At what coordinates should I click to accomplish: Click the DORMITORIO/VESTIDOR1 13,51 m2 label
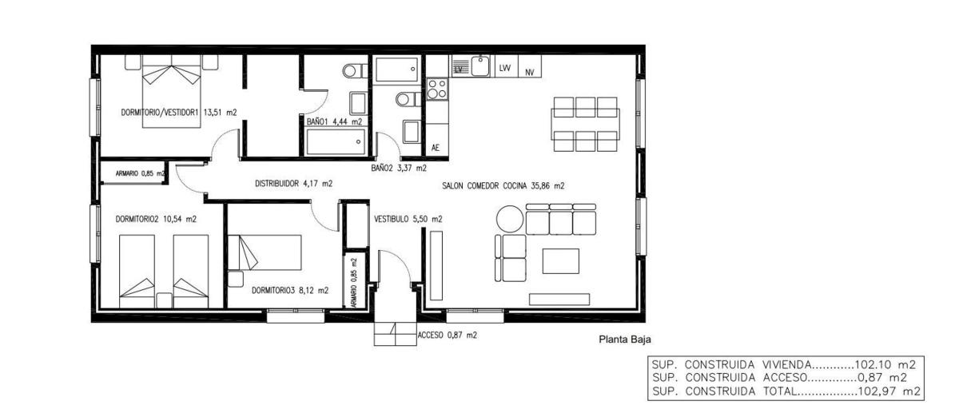click(179, 113)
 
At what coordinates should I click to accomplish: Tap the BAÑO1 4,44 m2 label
click(334, 121)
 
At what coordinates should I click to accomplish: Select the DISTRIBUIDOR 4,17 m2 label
click(294, 184)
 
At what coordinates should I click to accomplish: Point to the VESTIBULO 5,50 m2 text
click(408, 219)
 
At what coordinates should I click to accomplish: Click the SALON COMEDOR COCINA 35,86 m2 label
click(503, 185)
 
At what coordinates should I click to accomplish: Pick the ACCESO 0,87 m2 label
click(447, 336)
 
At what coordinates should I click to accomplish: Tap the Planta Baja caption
click(625, 340)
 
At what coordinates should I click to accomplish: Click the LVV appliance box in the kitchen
click(506, 66)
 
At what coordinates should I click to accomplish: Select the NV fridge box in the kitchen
click(530, 66)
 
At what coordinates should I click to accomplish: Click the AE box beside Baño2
click(437, 141)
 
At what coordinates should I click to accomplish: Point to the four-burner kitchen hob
click(437, 89)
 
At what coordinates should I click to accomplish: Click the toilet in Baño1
click(355, 70)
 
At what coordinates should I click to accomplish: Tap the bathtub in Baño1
click(336, 141)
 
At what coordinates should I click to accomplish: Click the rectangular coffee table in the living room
click(560, 261)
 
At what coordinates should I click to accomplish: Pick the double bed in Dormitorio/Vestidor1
click(171, 97)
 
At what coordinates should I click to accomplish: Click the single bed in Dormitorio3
click(265, 252)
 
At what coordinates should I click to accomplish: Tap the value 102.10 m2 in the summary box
click(885, 365)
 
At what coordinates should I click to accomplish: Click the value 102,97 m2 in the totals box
click(889, 391)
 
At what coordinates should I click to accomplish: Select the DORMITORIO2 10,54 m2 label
click(156, 219)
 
